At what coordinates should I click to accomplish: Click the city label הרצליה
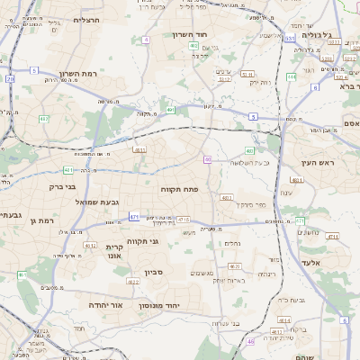point(87,19)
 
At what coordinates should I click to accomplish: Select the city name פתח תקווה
point(179,189)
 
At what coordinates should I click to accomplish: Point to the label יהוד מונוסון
point(161,306)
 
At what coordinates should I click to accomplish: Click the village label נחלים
point(231,242)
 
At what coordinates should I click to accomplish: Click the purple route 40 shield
point(208,159)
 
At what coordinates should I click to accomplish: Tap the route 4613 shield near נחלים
point(234,265)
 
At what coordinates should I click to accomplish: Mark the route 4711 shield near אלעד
point(333,237)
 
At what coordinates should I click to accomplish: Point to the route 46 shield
point(250,341)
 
